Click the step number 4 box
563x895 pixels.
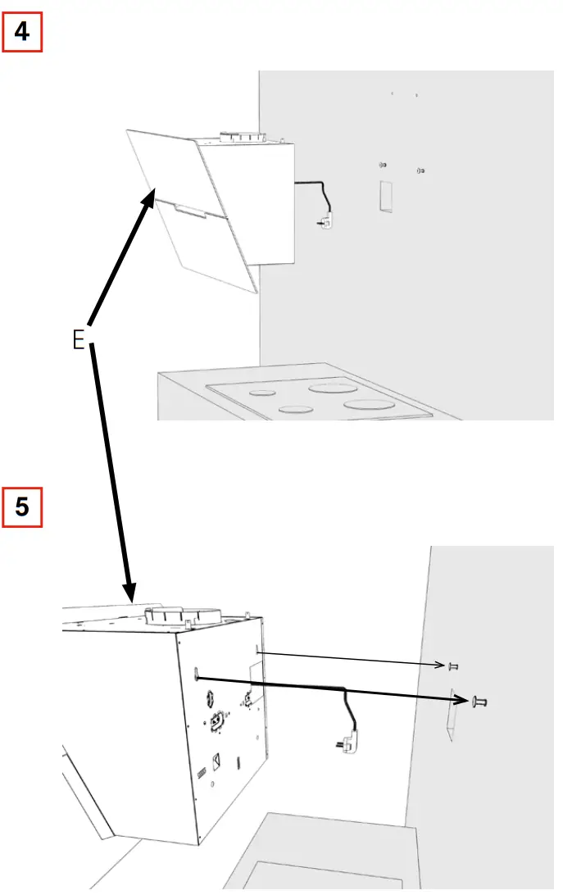23,34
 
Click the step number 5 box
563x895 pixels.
23,507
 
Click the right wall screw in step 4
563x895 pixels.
420,170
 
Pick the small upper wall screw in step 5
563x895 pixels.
452,666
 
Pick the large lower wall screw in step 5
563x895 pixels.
479,702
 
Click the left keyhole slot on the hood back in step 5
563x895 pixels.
198,675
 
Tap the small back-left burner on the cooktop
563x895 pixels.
263,393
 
